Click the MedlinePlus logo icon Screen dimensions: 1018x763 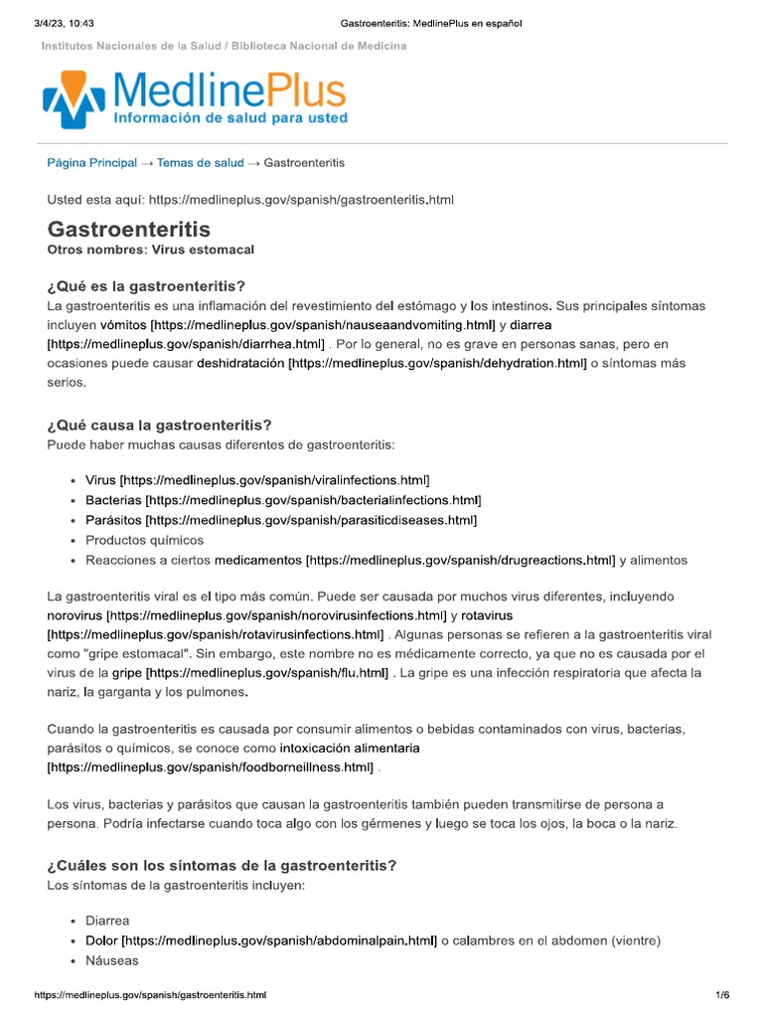[74, 99]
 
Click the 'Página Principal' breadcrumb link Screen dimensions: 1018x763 [92, 162]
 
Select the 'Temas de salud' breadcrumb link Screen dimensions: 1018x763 [200, 162]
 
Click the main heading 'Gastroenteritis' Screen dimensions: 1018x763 [129, 229]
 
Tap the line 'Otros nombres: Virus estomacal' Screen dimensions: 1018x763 [143, 250]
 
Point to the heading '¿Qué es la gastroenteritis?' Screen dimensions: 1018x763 [146, 286]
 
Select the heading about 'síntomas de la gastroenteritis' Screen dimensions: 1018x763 [222, 866]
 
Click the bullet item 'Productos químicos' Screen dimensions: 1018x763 [144, 540]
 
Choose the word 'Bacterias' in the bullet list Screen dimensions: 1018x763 [112, 500]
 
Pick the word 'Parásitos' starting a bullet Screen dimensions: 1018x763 [112, 520]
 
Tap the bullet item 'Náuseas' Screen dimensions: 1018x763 [112, 960]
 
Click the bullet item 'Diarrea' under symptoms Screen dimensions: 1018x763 [107, 921]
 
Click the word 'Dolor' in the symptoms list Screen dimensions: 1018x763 [101, 940]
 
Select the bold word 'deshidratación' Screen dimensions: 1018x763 [240, 364]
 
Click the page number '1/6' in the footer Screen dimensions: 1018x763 [722, 995]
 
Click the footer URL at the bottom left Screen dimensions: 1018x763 [150, 995]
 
